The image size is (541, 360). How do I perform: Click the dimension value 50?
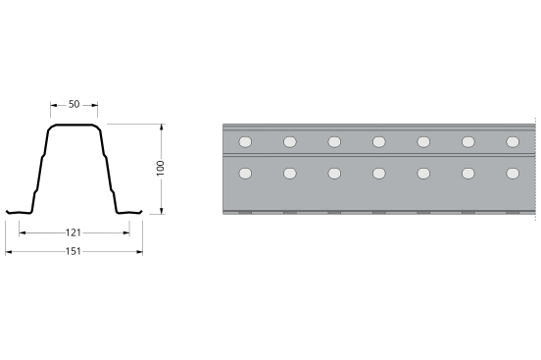pyautogui.click(x=74, y=104)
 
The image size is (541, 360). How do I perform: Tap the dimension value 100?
pyautogui.click(x=161, y=169)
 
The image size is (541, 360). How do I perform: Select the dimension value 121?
pyautogui.click(x=74, y=232)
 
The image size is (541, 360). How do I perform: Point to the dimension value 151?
pyautogui.click(x=74, y=251)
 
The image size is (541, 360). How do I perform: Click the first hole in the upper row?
pyautogui.click(x=245, y=142)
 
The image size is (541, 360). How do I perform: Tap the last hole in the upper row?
pyautogui.click(x=513, y=142)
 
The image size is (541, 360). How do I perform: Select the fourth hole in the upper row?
pyautogui.click(x=379, y=142)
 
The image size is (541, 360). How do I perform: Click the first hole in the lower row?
pyautogui.click(x=245, y=174)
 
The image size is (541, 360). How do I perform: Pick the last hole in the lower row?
pyautogui.click(x=513, y=174)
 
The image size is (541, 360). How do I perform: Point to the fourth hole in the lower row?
pyautogui.click(x=379, y=174)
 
